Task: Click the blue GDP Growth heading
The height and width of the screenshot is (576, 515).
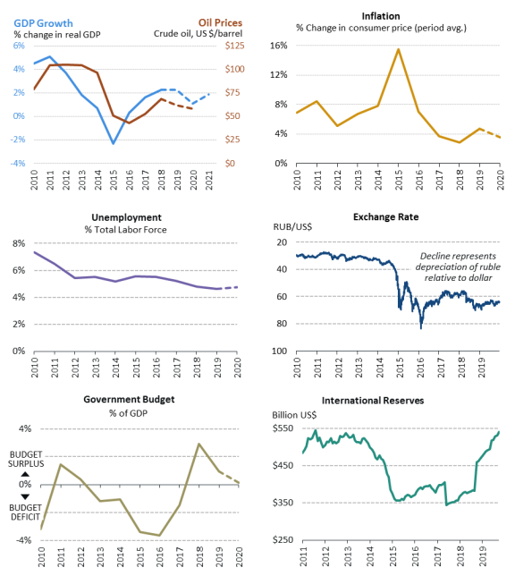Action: tap(43, 23)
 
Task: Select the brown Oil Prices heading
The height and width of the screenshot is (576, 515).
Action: tap(221, 22)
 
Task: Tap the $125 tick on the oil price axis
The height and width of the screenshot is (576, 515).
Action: tap(235, 46)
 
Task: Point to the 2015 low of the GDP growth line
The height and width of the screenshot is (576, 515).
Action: tap(114, 143)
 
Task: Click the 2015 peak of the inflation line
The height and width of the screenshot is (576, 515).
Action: tap(398, 49)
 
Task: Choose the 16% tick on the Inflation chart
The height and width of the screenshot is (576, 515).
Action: tap(279, 46)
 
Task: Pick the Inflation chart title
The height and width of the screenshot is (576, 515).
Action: tap(381, 16)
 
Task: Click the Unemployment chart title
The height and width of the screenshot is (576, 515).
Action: tap(126, 217)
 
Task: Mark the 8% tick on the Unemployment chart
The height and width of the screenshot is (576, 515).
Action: tap(19, 243)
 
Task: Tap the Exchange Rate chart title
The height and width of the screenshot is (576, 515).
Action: tap(385, 217)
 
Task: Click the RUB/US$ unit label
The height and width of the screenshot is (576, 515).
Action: tap(292, 227)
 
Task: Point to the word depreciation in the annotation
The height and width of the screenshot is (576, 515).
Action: tap(443, 267)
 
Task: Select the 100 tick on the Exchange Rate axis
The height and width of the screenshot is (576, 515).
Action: tap(280, 352)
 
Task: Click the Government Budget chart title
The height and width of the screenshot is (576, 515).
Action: tap(129, 400)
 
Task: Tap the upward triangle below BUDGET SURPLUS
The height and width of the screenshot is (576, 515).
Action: tap(25, 474)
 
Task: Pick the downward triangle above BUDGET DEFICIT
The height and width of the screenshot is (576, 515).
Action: tap(25, 496)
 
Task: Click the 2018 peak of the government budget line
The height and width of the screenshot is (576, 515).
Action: tap(198, 444)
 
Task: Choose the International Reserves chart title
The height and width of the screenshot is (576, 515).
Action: tap(373, 401)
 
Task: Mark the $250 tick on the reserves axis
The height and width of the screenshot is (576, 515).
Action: tap(283, 540)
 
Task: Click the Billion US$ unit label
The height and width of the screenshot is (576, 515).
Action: tap(294, 415)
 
